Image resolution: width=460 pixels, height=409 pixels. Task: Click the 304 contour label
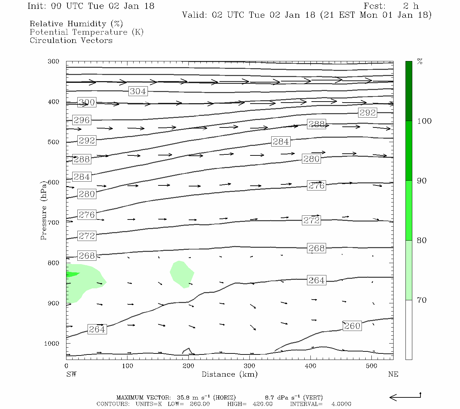click(138, 91)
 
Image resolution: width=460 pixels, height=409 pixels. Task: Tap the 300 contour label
click(87, 102)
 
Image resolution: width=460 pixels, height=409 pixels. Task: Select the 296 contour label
click(82, 120)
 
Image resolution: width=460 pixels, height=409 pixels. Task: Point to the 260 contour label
click(352, 326)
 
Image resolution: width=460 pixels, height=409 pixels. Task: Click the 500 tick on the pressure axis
click(53, 142)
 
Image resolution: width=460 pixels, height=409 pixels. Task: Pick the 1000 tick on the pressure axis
click(52, 344)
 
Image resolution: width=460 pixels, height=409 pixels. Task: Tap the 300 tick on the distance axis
click(249, 366)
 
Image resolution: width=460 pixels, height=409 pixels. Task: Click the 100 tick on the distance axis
click(127, 366)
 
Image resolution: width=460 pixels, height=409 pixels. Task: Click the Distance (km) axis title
click(229, 374)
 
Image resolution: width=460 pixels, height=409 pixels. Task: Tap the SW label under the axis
click(71, 374)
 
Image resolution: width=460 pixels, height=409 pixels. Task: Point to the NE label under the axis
click(393, 374)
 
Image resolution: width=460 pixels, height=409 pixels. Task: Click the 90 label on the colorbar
click(422, 181)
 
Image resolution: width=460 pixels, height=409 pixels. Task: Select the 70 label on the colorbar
click(422, 300)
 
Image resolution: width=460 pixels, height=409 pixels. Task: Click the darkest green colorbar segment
click(409, 91)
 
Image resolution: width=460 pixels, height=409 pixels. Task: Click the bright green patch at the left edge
click(72, 274)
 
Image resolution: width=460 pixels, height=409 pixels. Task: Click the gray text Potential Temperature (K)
click(87, 32)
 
